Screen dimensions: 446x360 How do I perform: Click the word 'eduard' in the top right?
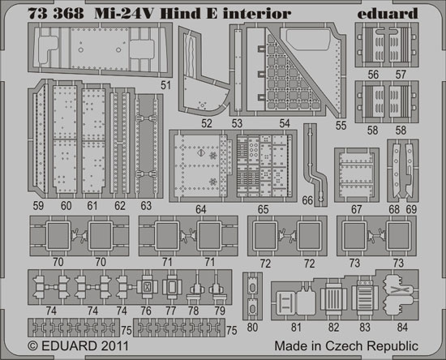(388, 13)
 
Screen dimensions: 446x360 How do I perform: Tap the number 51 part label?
(165, 85)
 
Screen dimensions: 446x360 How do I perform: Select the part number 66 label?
(307, 200)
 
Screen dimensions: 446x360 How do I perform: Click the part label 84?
(402, 328)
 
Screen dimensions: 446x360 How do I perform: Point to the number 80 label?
(252, 328)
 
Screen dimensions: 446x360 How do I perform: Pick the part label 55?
(341, 126)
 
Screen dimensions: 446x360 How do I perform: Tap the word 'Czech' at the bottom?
(344, 346)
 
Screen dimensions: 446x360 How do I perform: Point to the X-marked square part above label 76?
(147, 288)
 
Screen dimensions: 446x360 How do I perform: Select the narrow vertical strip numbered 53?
(238, 71)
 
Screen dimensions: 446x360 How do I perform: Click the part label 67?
(356, 209)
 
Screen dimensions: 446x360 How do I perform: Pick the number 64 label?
(201, 209)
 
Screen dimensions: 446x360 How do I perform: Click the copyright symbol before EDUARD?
(33, 346)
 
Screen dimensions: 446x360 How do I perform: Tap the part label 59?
(38, 206)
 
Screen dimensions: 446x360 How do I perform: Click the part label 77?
(170, 311)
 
